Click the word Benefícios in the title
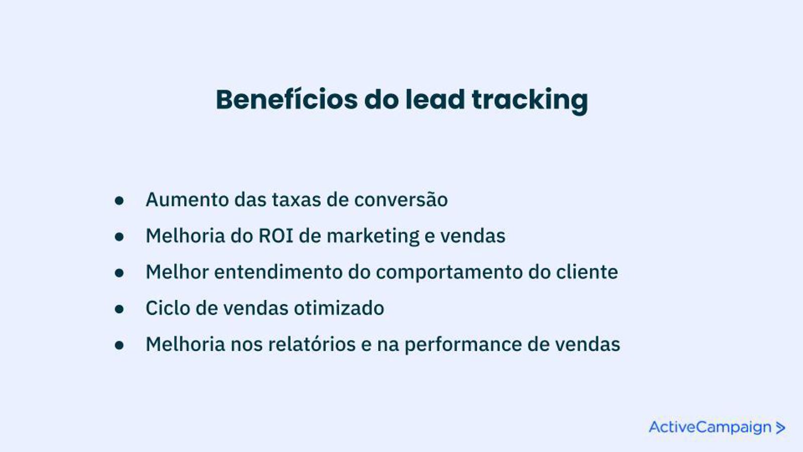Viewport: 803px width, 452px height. [x=287, y=99]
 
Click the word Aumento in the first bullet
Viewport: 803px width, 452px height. [x=187, y=199]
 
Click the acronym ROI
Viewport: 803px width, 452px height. [x=276, y=236]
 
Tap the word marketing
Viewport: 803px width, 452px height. [x=373, y=237]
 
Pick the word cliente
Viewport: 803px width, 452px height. [x=587, y=272]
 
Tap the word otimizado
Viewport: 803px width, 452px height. [x=339, y=308]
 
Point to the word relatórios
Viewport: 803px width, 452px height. [x=312, y=344]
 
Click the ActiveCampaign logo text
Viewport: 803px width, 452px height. [x=710, y=427]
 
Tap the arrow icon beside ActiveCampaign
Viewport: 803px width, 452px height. [x=780, y=428]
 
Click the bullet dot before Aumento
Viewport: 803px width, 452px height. [x=119, y=200]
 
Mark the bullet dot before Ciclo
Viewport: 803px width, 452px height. [x=119, y=309]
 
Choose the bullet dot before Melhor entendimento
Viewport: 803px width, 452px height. [x=119, y=273]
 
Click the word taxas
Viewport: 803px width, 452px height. [x=297, y=200]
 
